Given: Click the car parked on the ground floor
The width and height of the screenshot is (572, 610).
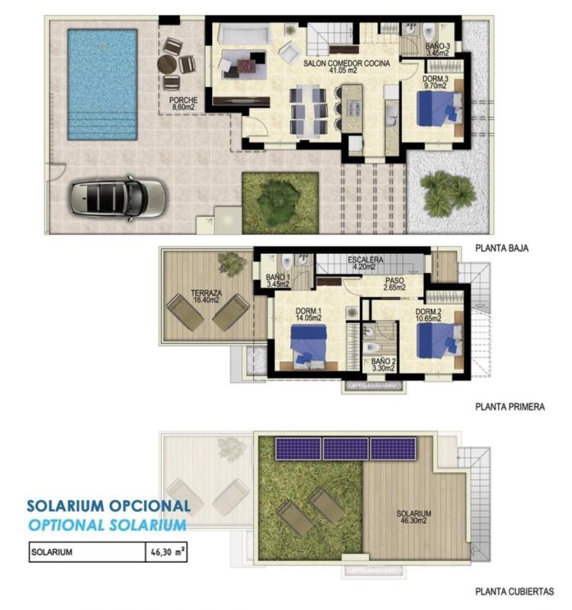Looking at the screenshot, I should [118, 197].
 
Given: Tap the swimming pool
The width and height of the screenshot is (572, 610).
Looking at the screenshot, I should [101, 84].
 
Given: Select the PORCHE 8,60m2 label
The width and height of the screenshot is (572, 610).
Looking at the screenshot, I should [184, 104].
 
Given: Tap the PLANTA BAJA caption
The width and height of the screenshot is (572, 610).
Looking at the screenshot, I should [501, 248].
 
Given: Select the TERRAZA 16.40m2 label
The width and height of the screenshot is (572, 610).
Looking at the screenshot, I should [206, 297].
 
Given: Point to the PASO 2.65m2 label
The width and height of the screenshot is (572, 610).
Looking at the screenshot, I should [394, 284].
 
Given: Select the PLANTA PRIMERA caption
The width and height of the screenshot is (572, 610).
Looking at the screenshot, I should [509, 407].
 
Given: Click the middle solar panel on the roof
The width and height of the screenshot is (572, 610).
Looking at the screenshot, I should [345, 448].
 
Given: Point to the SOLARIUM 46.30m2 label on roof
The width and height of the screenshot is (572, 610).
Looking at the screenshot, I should [414, 518].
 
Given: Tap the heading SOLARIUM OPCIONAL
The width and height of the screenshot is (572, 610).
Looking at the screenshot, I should [108, 506].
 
